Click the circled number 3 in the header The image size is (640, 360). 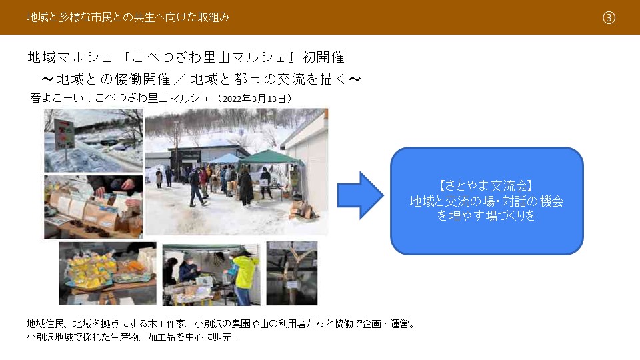tap(609, 17)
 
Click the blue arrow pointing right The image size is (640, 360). tap(360, 195)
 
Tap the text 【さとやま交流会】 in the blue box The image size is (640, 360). tap(486, 186)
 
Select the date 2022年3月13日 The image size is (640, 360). tap(254, 99)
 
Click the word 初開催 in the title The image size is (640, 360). tap(324, 57)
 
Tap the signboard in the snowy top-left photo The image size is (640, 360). tap(65, 133)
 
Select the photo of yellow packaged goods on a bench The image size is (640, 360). tap(107, 273)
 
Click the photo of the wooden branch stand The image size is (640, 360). tap(292, 273)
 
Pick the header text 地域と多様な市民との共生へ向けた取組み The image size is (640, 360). tap(128, 17)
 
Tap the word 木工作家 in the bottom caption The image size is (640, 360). tap(166, 324)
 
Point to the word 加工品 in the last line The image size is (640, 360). tap(161, 337)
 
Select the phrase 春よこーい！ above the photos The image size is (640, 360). tap(61, 99)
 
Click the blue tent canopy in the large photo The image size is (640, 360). tap(225, 159)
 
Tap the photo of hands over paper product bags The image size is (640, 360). tap(93, 207)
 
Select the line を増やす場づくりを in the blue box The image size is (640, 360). tap(486, 215)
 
